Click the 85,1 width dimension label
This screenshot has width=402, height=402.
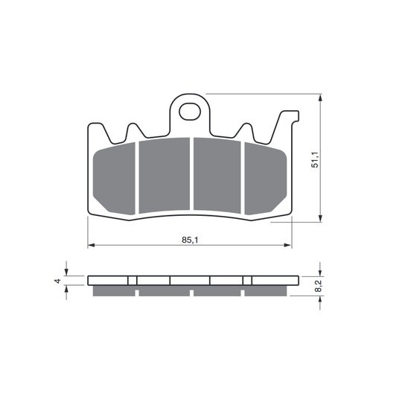point(190,240)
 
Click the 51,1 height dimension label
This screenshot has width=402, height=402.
point(315,159)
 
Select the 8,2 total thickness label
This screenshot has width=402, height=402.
point(318,286)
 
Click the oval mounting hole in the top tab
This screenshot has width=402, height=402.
point(190,112)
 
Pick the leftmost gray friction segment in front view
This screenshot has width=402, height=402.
point(114,179)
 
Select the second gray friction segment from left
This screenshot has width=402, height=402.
point(165,176)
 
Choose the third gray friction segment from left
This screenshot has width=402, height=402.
point(217,176)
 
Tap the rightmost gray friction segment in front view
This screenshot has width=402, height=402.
point(265,179)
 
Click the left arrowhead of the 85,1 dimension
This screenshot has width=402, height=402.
point(92,246)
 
